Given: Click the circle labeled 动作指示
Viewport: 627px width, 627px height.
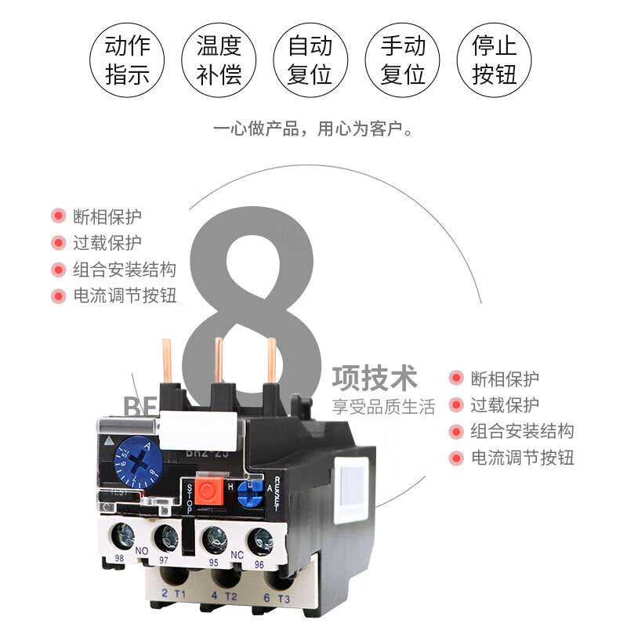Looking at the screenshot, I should click(x=128, y=60).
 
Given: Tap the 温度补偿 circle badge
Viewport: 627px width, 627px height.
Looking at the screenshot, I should click(x=219, y=60).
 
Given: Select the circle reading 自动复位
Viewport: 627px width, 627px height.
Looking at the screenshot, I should click(x=310, y=60).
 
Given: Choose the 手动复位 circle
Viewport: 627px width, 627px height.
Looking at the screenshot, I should click(x=403, y=60).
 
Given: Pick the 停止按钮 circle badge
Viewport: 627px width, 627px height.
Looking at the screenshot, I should click(x=495, y=60).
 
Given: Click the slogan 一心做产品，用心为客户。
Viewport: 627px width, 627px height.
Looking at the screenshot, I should click(x=313, y=128).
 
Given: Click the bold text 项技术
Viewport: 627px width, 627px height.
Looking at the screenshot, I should click(x=375, y=378).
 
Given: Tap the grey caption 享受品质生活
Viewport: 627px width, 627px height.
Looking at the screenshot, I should click(x=383, y=406).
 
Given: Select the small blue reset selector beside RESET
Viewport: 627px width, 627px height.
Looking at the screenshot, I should click(x=250, y=494).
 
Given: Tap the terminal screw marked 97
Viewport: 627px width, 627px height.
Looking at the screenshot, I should click(x=165, y=538).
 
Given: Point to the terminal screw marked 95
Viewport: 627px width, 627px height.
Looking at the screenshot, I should click(x=214, y=540).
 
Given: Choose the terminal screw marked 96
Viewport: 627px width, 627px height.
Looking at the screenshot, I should click(x=259, y=541).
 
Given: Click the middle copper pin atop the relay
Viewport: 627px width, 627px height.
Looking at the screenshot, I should click(x=219, y=361).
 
